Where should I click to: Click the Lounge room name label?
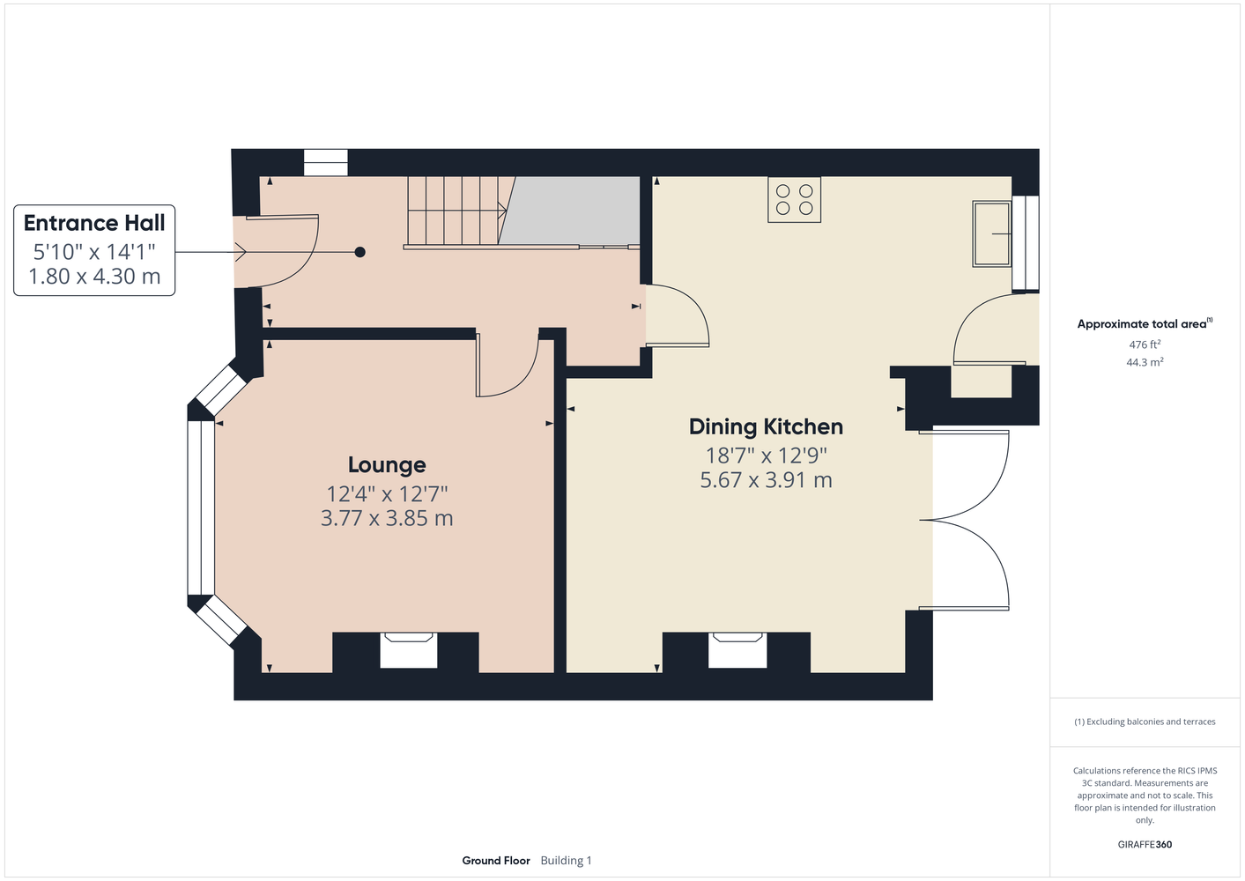tap(387, 465)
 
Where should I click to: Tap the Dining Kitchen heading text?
tap(766, 427)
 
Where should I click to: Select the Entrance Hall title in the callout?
tap(94, 223)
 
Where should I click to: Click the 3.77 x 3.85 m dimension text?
tap(387, 518)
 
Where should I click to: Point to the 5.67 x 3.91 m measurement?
tap(766, 480)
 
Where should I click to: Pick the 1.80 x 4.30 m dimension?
tap(94, 277)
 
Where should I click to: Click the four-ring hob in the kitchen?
tap(794, 199)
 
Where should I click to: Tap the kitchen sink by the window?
tap(991, 234)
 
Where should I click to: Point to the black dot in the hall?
tap(360, 252)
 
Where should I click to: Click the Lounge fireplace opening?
tap(409, 650)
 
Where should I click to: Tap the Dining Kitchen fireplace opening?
tap(737, 650)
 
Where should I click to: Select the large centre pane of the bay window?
tap(201, 508)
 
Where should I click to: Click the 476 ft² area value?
tap(1145, 344)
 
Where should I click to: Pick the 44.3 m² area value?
tap(1145, 362)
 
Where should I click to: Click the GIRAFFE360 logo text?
tap(1145, 844)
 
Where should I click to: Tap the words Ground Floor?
tap(496, 861)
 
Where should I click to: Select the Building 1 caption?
tap(566, 861)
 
